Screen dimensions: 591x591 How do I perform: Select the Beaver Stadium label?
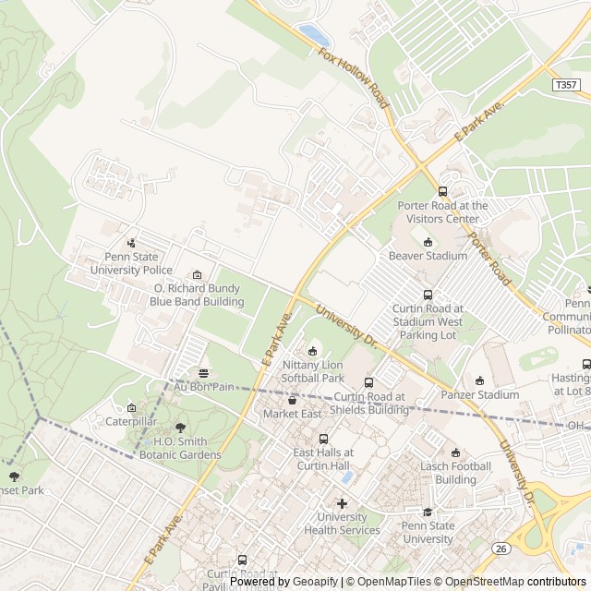pyautogui.click(x=428, y=256)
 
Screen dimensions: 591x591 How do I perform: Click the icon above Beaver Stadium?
pyautogui.click(x=428, y=241)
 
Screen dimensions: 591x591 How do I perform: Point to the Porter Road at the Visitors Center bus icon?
pyautogui.click(x=442, y=191)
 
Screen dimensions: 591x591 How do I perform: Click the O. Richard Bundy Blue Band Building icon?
pyautogui.click(x=197, y=275)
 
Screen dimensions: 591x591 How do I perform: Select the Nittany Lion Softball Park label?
pyautogui.click(x=313, y=372)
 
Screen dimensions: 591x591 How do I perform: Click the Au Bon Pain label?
pyautogui.click(x=204, y=387)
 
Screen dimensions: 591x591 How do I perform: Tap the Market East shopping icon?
pyautogui.click(x=293, y=400)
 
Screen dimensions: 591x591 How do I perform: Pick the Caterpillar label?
pyautogui.click(x=131, y=421)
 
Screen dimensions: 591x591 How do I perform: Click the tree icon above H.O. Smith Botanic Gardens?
pyautogui.click(x=180, y=428)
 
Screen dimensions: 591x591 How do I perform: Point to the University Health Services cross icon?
pyautogui.click(x=342, y=503)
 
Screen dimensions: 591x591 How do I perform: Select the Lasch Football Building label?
pyautogui.click(x=455, y=473)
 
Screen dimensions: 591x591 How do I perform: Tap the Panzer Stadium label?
pyautogui.click(x=479, y=395)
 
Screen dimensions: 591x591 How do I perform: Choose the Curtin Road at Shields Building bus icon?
pyautogui.click(x=368, y=382)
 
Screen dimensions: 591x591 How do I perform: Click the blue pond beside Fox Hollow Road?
pyautogui.click(x=313, y=36)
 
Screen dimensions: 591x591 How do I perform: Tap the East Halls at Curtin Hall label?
pyautogui.click(x=323, y=459)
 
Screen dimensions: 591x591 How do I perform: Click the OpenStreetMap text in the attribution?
pyautogui.click(x=479, y=582)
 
